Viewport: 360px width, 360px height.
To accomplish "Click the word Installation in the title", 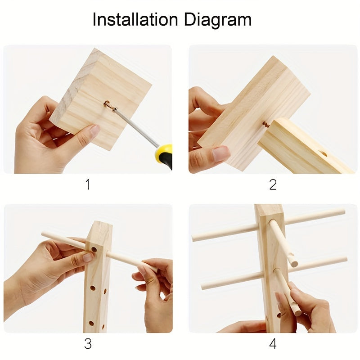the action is (135, 19).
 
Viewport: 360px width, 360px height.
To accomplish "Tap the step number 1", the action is (88, 184).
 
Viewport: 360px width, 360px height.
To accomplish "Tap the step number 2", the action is (273, 184).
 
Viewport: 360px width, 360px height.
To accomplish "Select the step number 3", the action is (88, 344).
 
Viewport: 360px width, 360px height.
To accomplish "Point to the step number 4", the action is (273, 344).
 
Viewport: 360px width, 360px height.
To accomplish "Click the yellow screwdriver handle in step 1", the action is (164, 155).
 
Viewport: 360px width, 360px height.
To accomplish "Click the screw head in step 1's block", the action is (107, 104).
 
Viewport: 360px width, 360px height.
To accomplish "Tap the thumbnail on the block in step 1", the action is (95, 130).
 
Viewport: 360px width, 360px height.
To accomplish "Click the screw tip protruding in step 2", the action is (266, 124).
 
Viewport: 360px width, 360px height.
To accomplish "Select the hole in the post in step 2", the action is (323, 153).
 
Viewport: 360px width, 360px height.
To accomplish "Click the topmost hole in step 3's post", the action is (94, 249).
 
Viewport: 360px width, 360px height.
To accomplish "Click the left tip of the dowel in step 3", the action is (43, 234).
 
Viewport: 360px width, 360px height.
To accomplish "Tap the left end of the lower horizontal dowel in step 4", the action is (203, 287).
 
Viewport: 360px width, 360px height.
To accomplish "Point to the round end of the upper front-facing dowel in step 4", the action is (294, 264).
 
